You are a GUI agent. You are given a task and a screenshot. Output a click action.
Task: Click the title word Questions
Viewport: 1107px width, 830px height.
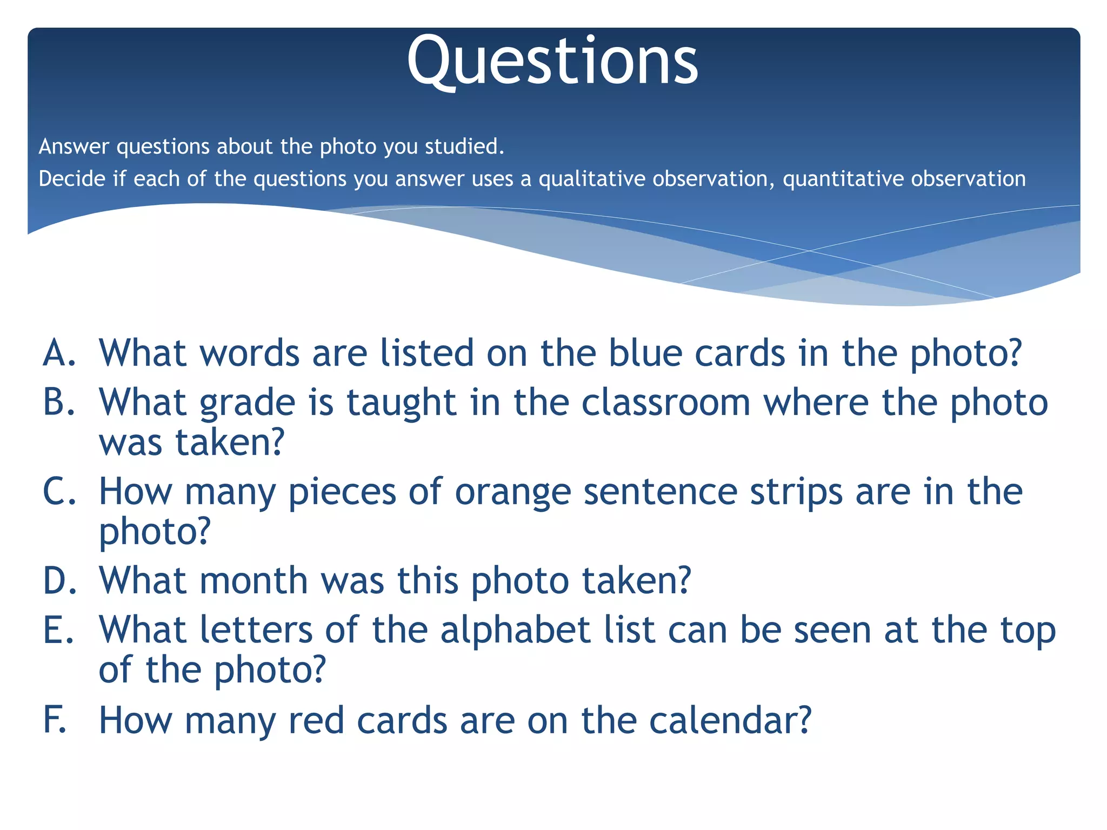552,61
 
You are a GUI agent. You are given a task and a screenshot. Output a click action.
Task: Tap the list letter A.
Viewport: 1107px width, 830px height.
59,353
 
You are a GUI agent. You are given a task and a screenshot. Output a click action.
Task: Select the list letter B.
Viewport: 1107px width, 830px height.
59,403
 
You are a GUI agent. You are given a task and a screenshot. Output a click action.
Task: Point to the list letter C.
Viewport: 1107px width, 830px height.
59,492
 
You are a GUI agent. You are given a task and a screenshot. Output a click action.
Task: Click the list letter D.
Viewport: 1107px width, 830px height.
60,581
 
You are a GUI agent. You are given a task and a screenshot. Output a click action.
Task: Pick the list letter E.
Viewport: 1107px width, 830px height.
58,630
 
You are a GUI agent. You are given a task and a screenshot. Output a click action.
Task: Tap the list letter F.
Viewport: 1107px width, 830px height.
56,720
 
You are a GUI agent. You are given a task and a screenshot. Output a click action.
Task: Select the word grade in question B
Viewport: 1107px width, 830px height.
248,404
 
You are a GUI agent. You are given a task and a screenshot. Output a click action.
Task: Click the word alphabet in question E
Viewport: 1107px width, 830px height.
515,630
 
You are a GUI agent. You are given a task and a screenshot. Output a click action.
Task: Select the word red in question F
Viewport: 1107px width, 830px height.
316,720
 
